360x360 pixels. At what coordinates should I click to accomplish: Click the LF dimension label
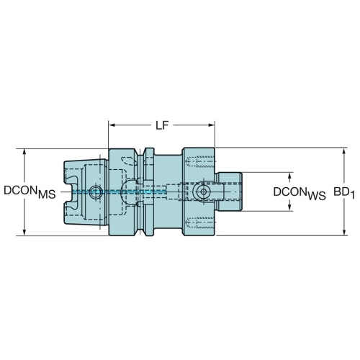(x=162, y=125)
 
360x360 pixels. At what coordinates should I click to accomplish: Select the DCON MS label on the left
(x=30, y=192)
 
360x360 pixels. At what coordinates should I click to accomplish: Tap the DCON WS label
(x=300, y=194)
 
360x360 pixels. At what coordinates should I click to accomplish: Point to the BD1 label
(x=344, y=193)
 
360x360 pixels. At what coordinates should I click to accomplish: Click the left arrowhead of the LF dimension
(x=112, y=125)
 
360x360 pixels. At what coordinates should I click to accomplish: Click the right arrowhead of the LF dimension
(x=211, y=125)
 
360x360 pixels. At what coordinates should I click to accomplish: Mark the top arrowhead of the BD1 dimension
(x=344, y=152)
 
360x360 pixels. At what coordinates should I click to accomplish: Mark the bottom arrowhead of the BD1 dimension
(x=344, y=232)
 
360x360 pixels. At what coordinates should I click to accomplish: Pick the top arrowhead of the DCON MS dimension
(x=24, y=153)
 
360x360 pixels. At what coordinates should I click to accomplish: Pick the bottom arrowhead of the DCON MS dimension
(x=24, y=232)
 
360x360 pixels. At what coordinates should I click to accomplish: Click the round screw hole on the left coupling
(x=96, y=192)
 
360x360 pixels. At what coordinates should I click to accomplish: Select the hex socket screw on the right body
(x=203, y=192)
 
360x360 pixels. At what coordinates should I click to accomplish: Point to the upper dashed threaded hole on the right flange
(x=200, y=161)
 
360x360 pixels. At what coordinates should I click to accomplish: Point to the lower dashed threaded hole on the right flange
(x=200, y=222)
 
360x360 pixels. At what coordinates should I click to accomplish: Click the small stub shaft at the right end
(x=229, y=192)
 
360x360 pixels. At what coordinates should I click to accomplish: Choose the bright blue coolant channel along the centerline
(x=120, y=192)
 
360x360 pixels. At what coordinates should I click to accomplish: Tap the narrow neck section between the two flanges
(x=168, y=192)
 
